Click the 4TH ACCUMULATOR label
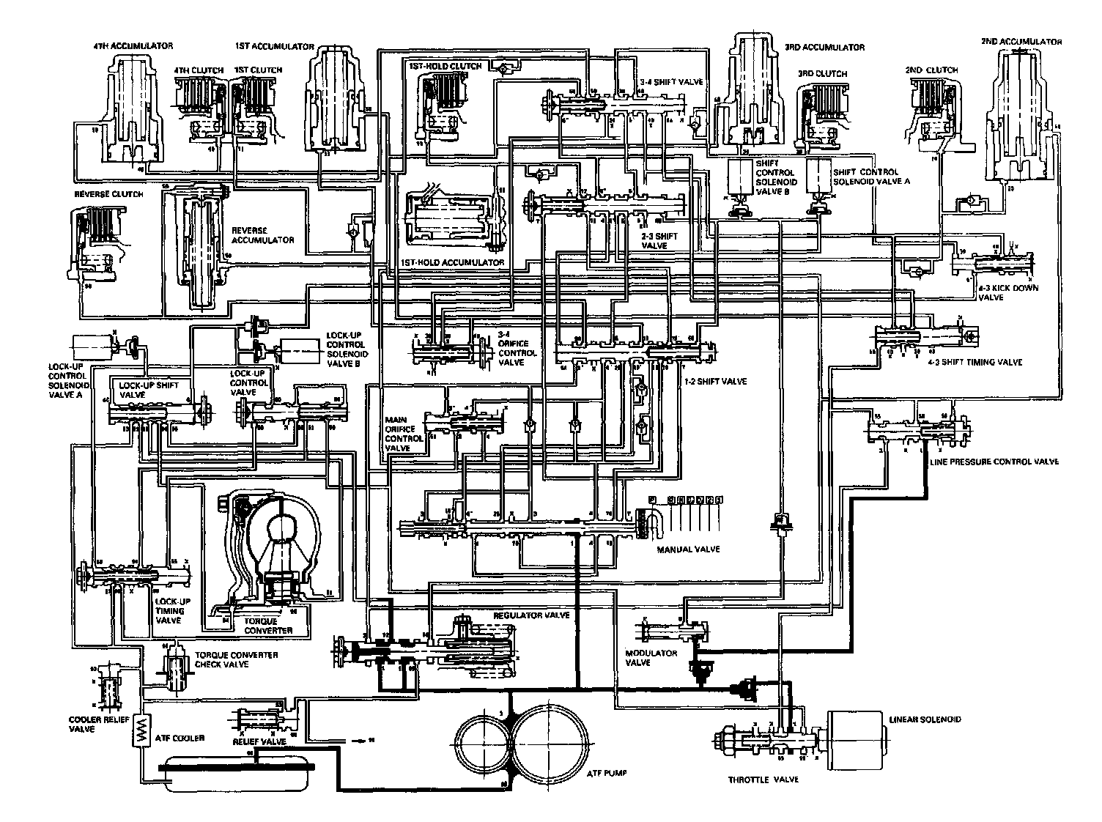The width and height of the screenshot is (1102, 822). coord(133,45)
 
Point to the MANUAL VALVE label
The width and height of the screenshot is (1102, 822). coord(688,549)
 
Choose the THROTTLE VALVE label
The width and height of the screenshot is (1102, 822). coord(763,780)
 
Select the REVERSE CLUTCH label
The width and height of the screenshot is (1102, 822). coord(108,195)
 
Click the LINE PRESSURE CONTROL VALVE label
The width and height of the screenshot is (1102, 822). coord(994,462)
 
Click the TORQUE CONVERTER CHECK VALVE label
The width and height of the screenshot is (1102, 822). coord(236,659)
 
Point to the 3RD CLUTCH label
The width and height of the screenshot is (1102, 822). coord(822,74)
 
